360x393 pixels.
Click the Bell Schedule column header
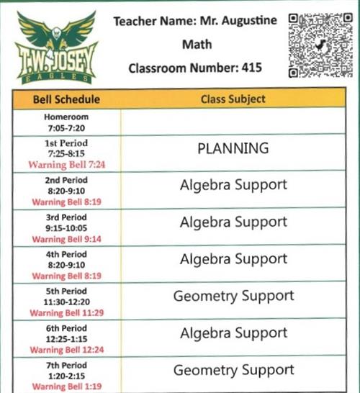point(66,99)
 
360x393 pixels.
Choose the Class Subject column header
point(233,99)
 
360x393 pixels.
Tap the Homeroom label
point(66,117)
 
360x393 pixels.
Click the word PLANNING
point(233,148)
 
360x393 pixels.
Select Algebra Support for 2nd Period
point(233,185)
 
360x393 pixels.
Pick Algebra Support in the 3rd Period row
point(233,222)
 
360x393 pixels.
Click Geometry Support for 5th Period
point(233,296)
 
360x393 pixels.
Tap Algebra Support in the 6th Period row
point(233,333)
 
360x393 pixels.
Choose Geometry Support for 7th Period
point(233,370)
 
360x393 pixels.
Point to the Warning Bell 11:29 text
point(66,313)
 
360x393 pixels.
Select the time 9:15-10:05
point(66,228)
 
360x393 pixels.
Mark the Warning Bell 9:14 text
point(66,238)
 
